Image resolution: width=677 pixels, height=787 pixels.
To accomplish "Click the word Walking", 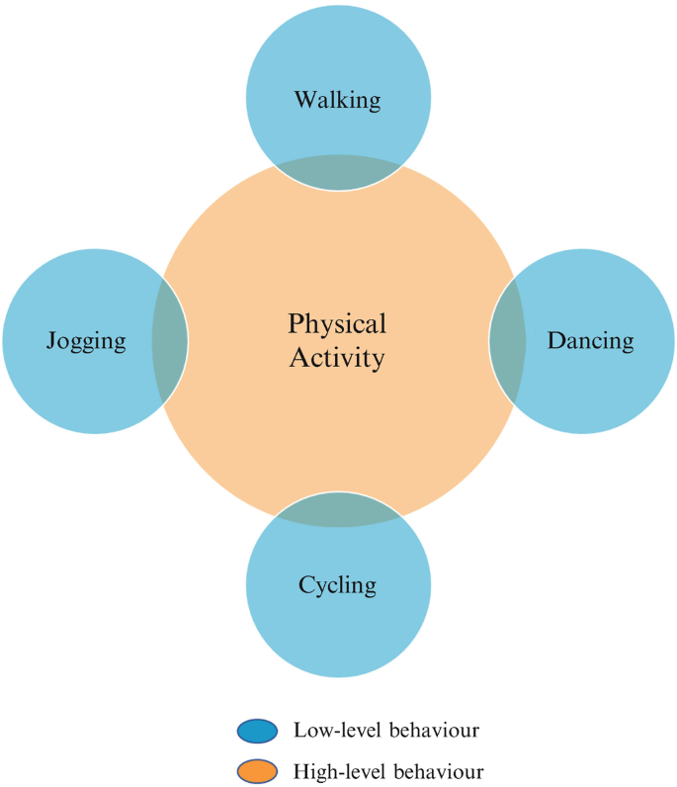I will tap(338, 99).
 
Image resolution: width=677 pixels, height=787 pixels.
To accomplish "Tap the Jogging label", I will tap(86, 342).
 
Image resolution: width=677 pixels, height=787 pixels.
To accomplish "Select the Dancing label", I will tap(590, 341).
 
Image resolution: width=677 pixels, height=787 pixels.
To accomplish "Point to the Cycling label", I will tap(338, 584).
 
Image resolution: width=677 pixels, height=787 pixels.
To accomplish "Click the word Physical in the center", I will tap(337, 323).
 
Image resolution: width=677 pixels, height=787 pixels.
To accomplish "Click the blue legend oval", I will tap(259, 732).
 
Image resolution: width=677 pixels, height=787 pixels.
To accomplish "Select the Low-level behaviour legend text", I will tap(385, 731).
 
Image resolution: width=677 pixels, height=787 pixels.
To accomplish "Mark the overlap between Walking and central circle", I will tap(338, 173).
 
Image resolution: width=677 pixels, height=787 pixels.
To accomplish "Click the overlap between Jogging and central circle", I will tap(169, 341).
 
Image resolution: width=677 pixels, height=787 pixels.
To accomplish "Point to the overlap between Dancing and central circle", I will tap(507, 341).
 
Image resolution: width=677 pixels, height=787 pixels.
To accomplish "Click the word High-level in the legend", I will tap(337, 770).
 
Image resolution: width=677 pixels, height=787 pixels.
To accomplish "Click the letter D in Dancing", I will tap(554, 341).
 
